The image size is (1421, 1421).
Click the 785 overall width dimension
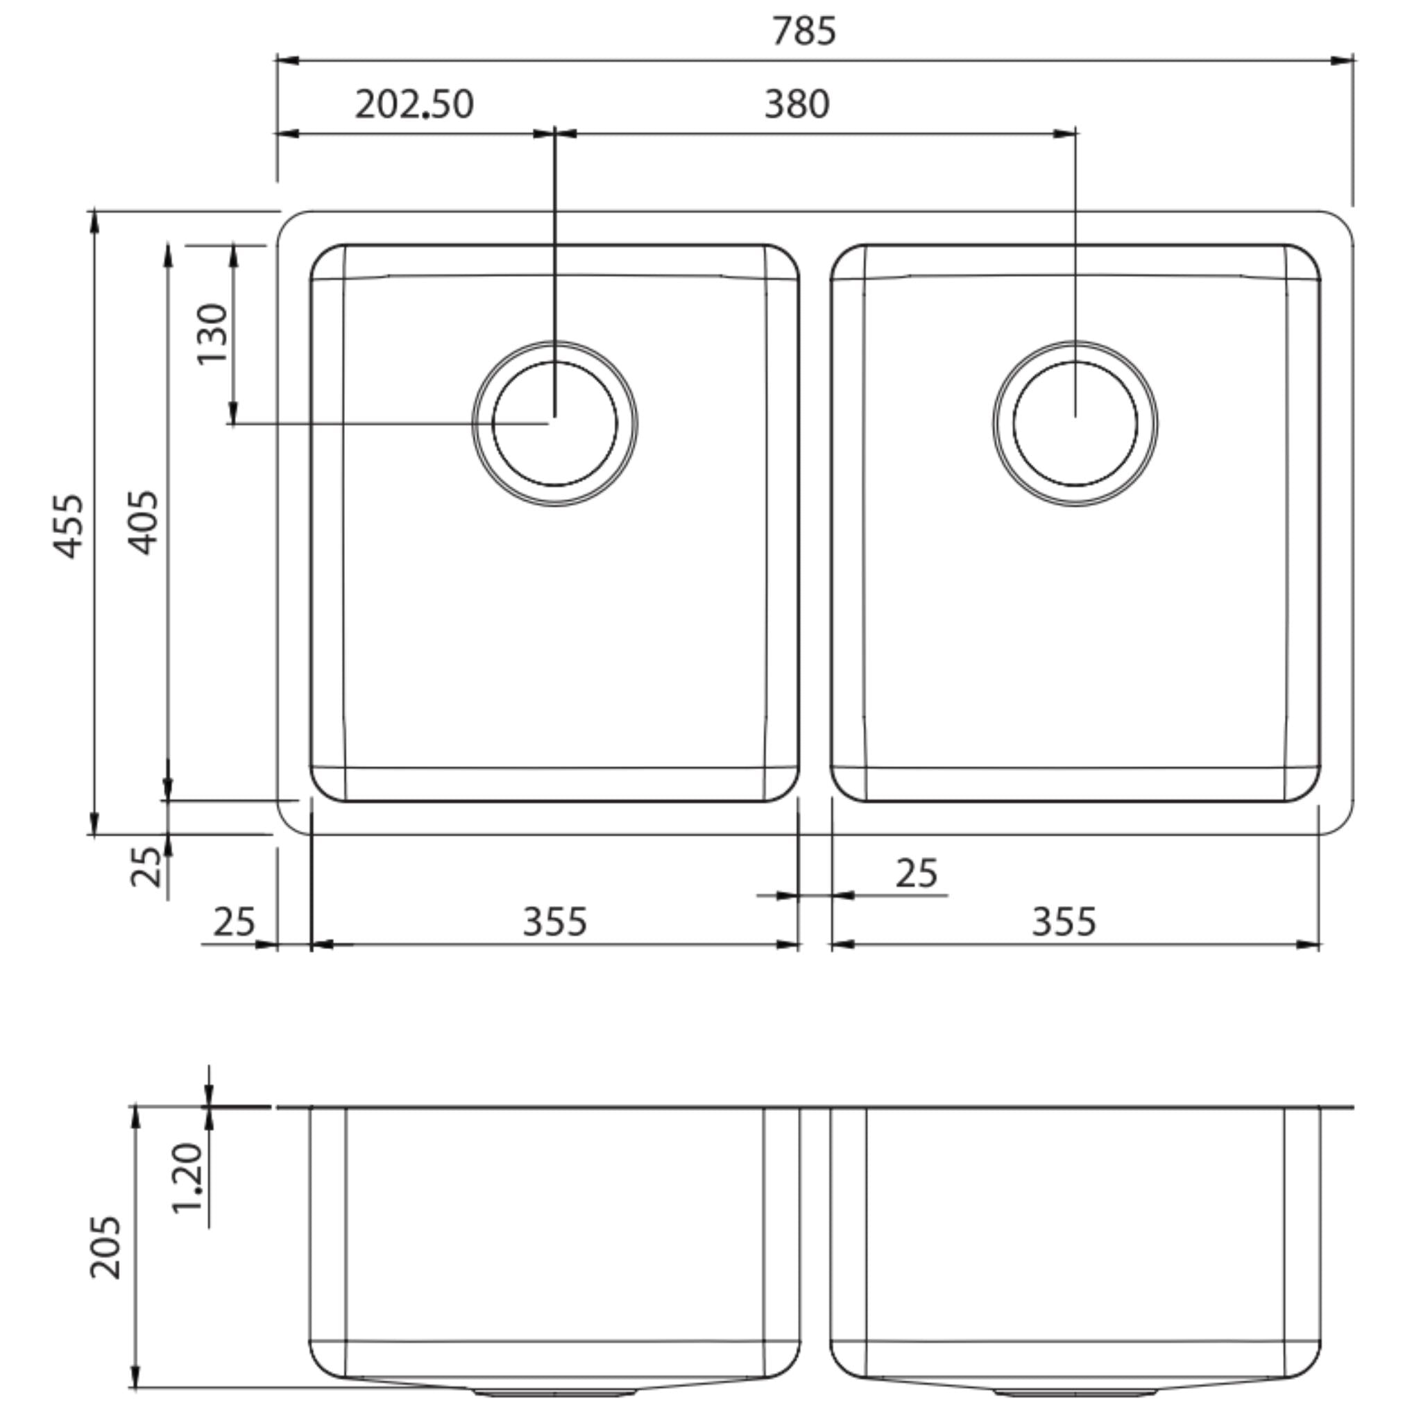point(803,32)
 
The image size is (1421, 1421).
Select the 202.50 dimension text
point(414,105)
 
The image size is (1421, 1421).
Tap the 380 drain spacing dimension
point(797,105)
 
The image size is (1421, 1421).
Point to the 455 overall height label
point(71,526)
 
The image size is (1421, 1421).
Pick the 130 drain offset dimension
point(213,333)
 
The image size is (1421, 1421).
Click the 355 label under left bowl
point(554,922)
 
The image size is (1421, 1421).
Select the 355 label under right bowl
point(1064,922)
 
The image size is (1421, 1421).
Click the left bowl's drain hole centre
point(554,424)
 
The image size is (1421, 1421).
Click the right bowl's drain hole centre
point(1075,424)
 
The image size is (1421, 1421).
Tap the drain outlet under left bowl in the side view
point(554,1393)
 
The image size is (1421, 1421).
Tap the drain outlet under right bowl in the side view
point(1075,1393)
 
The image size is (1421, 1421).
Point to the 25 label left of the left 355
point(234,922)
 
